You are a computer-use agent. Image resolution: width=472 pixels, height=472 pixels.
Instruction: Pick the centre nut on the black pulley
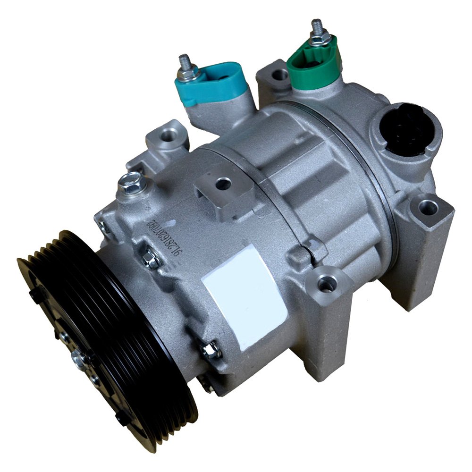click(x=80, y=359)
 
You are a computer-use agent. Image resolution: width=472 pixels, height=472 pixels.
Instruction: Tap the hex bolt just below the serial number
click(x=151, y=260)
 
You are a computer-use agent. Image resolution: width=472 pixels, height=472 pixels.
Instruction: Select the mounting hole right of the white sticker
click(x=326, y=283)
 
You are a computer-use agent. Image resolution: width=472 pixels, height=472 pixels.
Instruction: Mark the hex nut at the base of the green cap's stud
click(x=319, y=40)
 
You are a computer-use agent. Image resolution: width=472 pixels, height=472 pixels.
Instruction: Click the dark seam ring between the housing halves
click(x=378, y=189)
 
